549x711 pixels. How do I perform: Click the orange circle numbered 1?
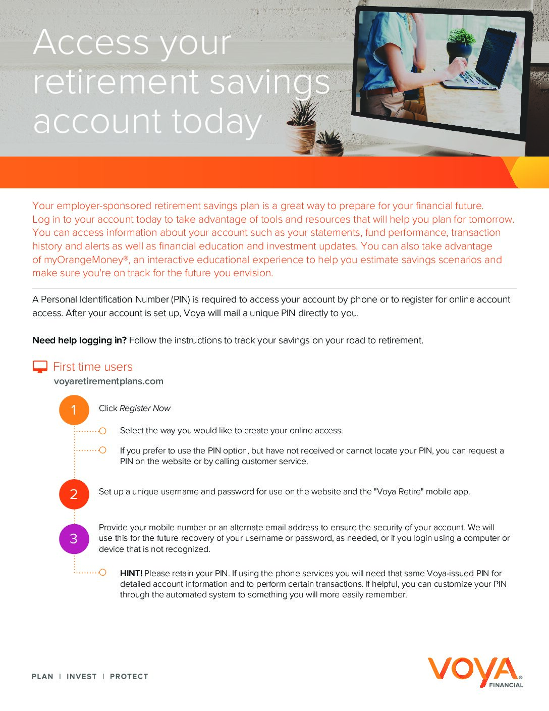[74, 410]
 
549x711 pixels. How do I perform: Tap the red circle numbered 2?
[74, 494]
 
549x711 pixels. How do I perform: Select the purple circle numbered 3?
[74, 539]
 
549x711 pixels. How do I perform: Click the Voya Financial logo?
[475, 672]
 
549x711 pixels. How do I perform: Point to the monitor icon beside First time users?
[40, 367]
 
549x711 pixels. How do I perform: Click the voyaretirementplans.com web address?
[108, 381]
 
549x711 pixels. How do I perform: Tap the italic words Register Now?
[145, 408]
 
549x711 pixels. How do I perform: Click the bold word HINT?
[131, 573]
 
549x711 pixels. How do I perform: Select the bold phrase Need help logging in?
[79, 340]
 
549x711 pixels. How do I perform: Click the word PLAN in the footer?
[42, 677]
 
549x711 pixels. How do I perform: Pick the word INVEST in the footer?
[81, 677]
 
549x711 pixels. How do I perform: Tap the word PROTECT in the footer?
[129, 677]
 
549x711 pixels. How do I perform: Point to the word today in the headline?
[216, 122]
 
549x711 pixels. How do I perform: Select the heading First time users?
[93, 367]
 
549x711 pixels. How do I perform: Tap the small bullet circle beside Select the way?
[102, 431]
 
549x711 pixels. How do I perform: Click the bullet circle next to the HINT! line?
[102, 572]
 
